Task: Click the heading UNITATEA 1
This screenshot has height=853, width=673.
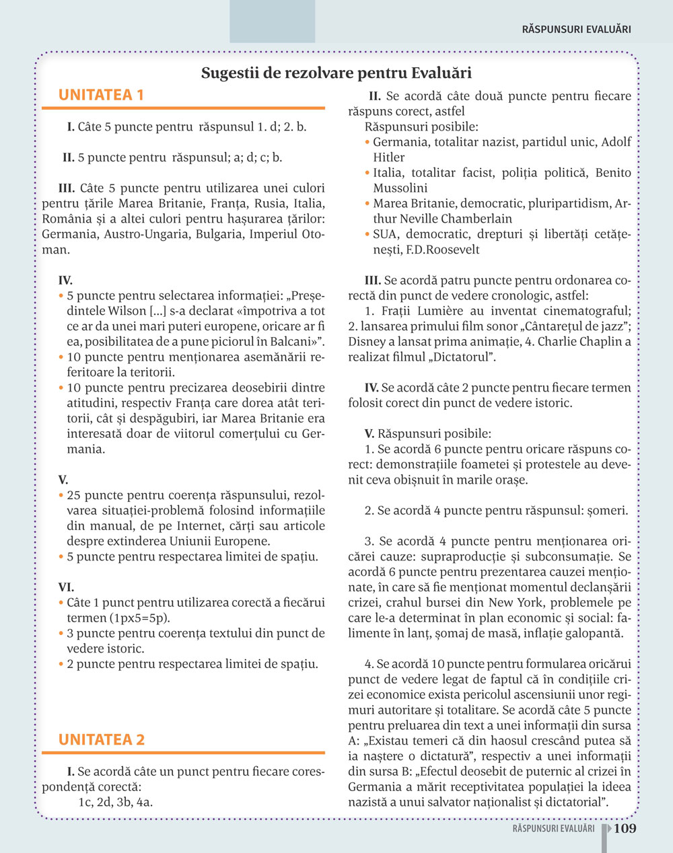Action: pos(101,95)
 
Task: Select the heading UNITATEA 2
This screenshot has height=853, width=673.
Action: pos(101,739)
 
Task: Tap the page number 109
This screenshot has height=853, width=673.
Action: pos(625,828)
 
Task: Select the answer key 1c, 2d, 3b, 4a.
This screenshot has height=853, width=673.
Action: pos(115,802)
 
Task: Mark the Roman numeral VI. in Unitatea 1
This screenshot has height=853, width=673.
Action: pos(66,587)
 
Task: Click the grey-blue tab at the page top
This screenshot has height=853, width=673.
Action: pos(272,22)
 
